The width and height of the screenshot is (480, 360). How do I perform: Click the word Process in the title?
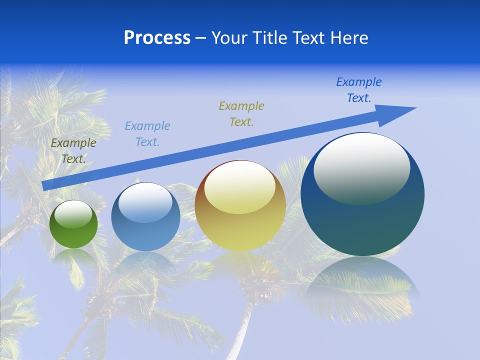[157, 38]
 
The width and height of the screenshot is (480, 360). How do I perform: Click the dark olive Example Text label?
[73, 151]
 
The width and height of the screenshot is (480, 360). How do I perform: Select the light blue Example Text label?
[147, 134]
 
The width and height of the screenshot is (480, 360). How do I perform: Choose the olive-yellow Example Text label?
[241, 114]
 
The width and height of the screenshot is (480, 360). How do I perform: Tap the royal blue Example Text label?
[359, 90]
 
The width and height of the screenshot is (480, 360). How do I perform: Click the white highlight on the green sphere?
[73, 214]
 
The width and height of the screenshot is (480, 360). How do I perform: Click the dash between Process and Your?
[201, 38]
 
